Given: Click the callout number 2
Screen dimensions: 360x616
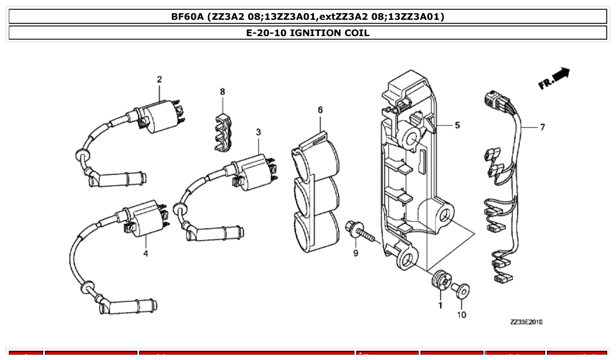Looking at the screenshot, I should [x=159, y=79].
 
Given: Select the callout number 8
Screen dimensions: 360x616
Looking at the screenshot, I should [x=222, y=92].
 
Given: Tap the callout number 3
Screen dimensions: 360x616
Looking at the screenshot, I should [x=258, y=132].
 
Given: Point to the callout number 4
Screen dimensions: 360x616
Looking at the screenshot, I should [x=145, y=253].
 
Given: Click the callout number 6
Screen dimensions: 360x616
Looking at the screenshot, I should [x=320, y=110].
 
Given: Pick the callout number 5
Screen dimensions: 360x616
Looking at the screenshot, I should [x=457, y=125].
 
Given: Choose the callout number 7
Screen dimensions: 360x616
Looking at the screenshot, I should [x=542, y=127].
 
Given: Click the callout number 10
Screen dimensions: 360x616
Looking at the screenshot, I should [x=461, y=315].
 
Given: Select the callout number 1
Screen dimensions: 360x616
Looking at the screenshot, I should [x=440, y=305].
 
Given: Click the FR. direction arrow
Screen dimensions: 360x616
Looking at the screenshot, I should [x=554, y=78].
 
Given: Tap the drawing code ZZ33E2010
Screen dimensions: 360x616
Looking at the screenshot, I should [x=526, y=322].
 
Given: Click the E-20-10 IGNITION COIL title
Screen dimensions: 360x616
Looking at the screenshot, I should [x=308, y=33].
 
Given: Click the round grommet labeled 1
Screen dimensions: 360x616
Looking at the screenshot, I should [x=440, y=280].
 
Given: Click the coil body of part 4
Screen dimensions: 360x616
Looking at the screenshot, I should [x=145, y=218].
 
